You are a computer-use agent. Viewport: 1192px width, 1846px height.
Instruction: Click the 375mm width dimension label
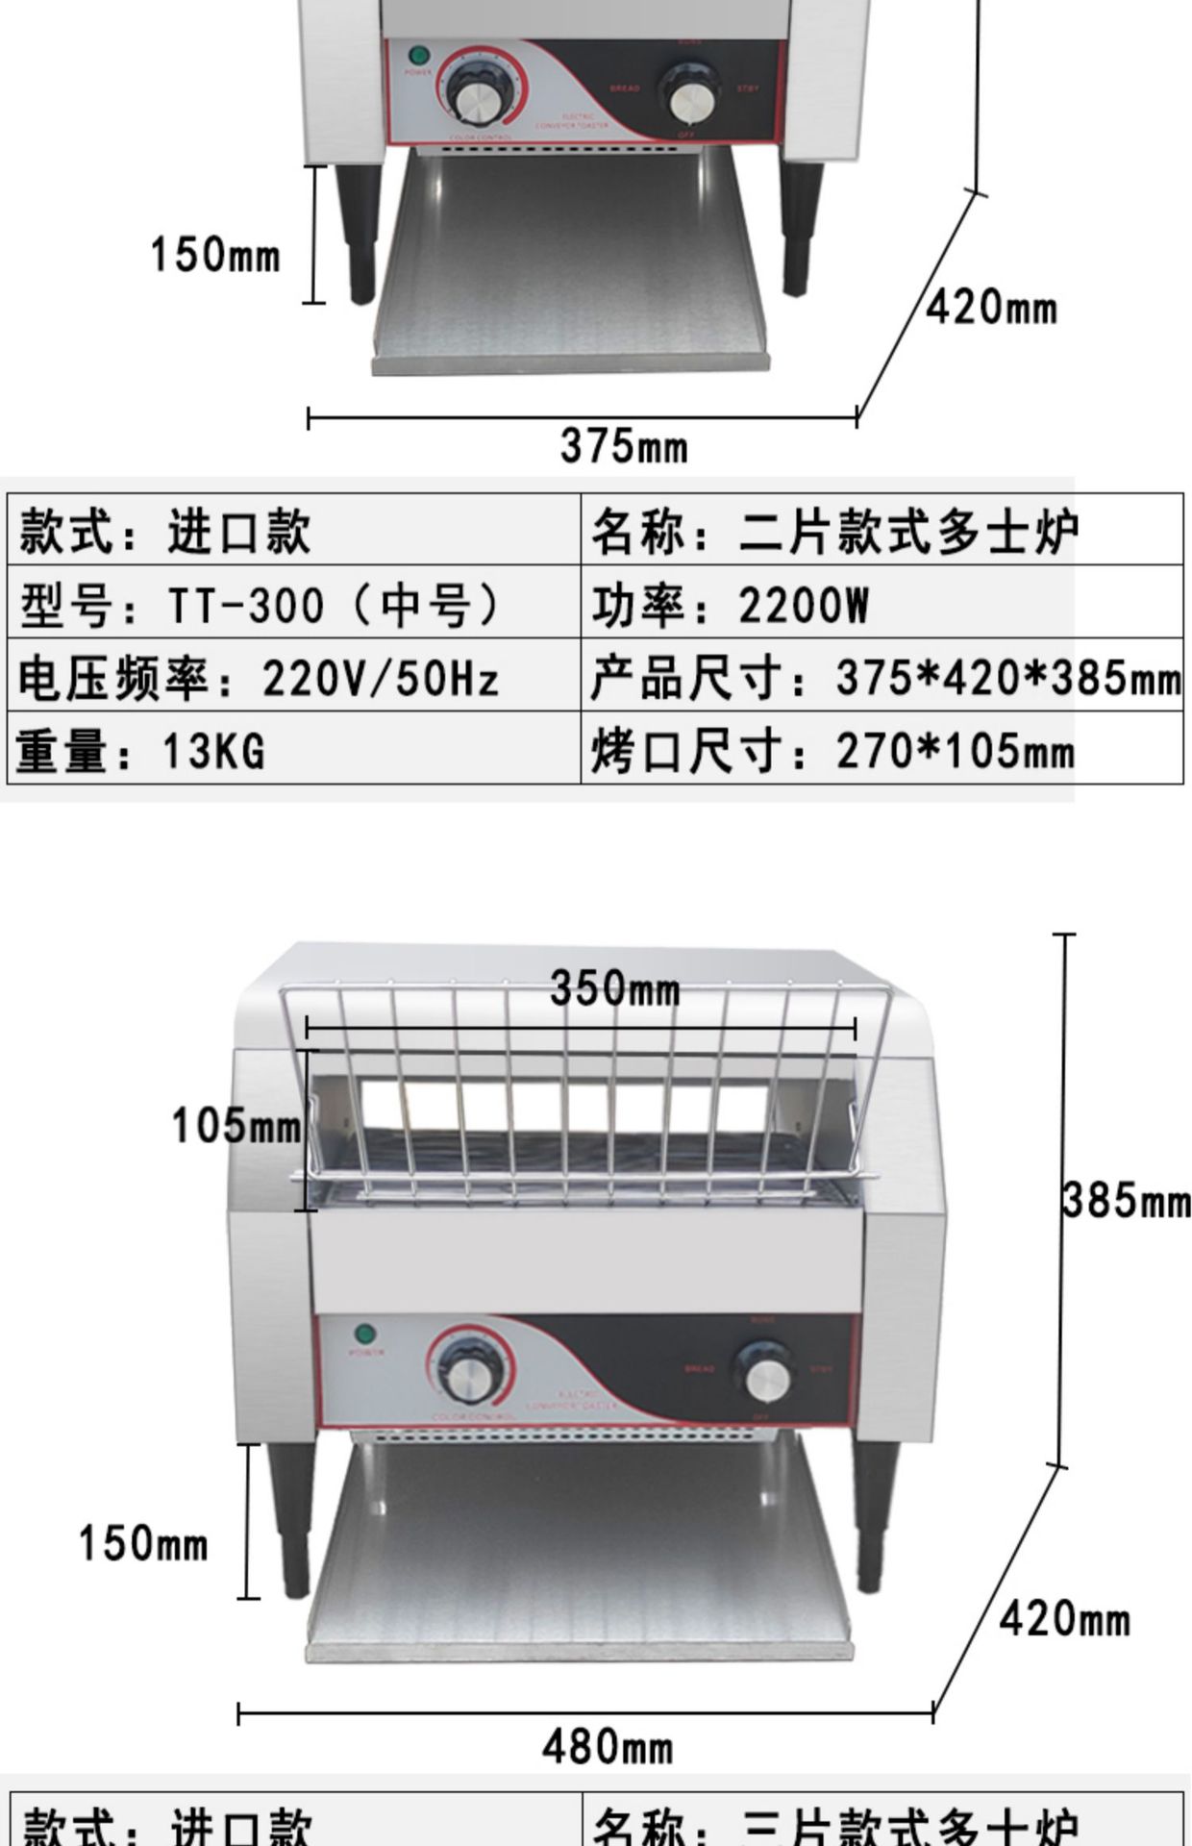coord(624,446)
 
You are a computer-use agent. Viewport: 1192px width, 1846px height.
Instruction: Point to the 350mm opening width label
coord(614,988)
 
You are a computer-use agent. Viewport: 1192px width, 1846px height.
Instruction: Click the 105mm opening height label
coord(236,1125)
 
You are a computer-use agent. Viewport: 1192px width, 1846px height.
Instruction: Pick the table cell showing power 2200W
coord(881,605)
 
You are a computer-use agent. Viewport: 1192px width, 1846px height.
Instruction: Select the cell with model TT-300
coord(294,605)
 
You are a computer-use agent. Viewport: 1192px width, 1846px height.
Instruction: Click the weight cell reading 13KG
coord(294,749)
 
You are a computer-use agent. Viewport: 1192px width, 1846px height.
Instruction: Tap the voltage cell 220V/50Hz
coord(294,678)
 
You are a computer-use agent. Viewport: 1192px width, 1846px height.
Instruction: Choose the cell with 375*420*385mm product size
coord(881,678)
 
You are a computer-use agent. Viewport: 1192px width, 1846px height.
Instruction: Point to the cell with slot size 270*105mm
coord(881,749)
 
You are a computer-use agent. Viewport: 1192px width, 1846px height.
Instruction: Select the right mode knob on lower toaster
coord(766,1377)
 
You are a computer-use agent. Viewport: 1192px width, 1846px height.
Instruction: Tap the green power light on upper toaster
coord(417,54)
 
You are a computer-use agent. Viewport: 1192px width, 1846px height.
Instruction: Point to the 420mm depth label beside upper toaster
coord(990,308)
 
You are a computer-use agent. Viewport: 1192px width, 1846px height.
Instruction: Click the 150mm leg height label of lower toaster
coord(142,1543)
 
